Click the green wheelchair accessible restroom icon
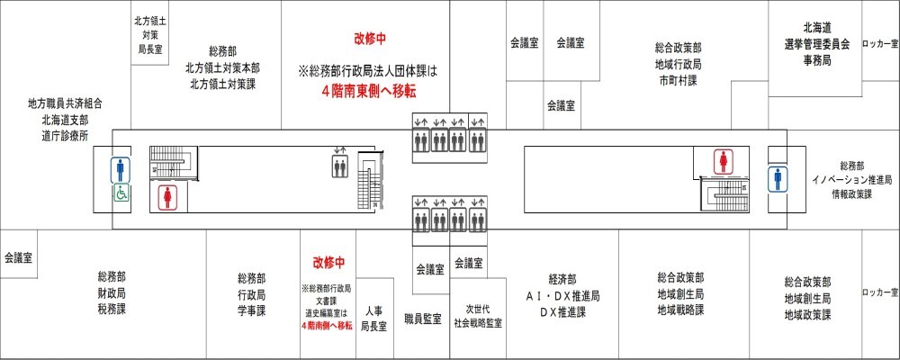point(120,193)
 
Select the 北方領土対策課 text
point(222,84)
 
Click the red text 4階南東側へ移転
point(369,92)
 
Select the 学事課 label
point(251,310)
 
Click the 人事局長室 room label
point(373,319)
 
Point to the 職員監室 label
point(422,319)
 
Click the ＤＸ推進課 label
point(562,311)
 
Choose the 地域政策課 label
point(806,315)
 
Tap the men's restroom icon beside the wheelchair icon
point(120,168)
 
